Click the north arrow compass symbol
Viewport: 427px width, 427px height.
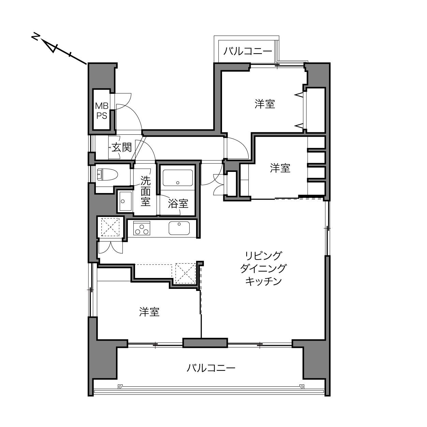(x=59, y=50)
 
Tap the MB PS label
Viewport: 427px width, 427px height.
(x=102, y=111)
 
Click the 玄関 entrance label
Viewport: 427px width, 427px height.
(x=122, y=147)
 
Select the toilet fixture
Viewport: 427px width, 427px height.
(x=107, y=175)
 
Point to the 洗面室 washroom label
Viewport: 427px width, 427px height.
(x=146, y=191)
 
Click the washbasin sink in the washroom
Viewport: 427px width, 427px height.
(x=126, y=201)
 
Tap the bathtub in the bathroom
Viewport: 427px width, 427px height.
(x=178, y=178)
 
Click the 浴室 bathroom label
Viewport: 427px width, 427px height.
(x=178, y=203)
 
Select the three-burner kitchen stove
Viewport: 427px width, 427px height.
(x=142, y=228)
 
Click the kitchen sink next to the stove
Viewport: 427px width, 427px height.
(x=179, y=228)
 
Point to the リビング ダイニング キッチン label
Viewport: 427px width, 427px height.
(x=263, y=268)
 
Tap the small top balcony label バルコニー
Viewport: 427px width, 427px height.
(x=248, y=51)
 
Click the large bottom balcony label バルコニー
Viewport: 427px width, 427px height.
(x=211, y=368)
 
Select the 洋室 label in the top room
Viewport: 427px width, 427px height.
(x=265, y=104)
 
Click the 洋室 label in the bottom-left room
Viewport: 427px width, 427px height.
(x=149, y=312)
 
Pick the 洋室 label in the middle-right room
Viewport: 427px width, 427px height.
(x=280, y=168)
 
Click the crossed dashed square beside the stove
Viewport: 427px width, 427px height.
(x=110, y=227)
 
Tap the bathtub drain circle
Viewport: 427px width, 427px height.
(x=178, y=182)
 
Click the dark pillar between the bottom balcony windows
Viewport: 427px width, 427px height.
(x=205, y=343)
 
